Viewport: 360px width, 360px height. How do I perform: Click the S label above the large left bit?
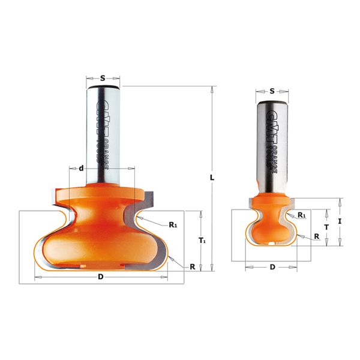103,78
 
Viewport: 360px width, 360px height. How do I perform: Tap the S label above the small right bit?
272,91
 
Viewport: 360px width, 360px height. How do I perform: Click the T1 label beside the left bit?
202,241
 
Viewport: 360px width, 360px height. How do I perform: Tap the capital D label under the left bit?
100,277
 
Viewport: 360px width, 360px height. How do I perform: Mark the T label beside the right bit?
326,227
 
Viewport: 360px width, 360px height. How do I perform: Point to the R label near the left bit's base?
192,266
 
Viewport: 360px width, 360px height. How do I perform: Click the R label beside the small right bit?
316,236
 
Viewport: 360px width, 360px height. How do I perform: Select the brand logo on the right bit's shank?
267,144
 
